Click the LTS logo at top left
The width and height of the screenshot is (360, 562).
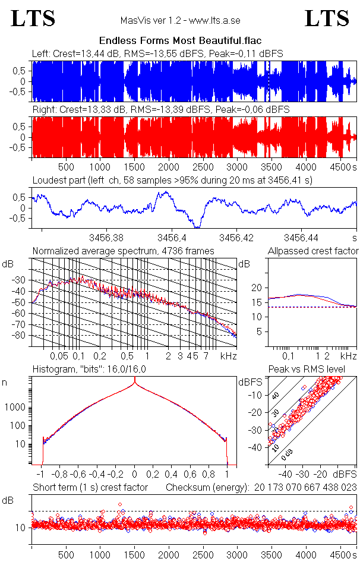coord(33,18)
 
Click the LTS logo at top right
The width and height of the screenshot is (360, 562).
coord(327,18)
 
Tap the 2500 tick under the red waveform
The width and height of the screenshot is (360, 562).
coord(203,167)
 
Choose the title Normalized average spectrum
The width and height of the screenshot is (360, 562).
coord(123,251)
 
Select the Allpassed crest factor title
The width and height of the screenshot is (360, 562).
coord(313,251)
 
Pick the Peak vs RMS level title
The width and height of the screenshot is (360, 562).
coord(307,370)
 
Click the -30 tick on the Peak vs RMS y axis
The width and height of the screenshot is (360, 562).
coord(257,429)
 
